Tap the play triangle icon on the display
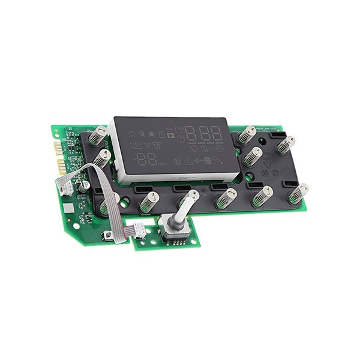(171, 136)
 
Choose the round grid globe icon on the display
(207, 160)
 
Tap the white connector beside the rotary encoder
(139, 229)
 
